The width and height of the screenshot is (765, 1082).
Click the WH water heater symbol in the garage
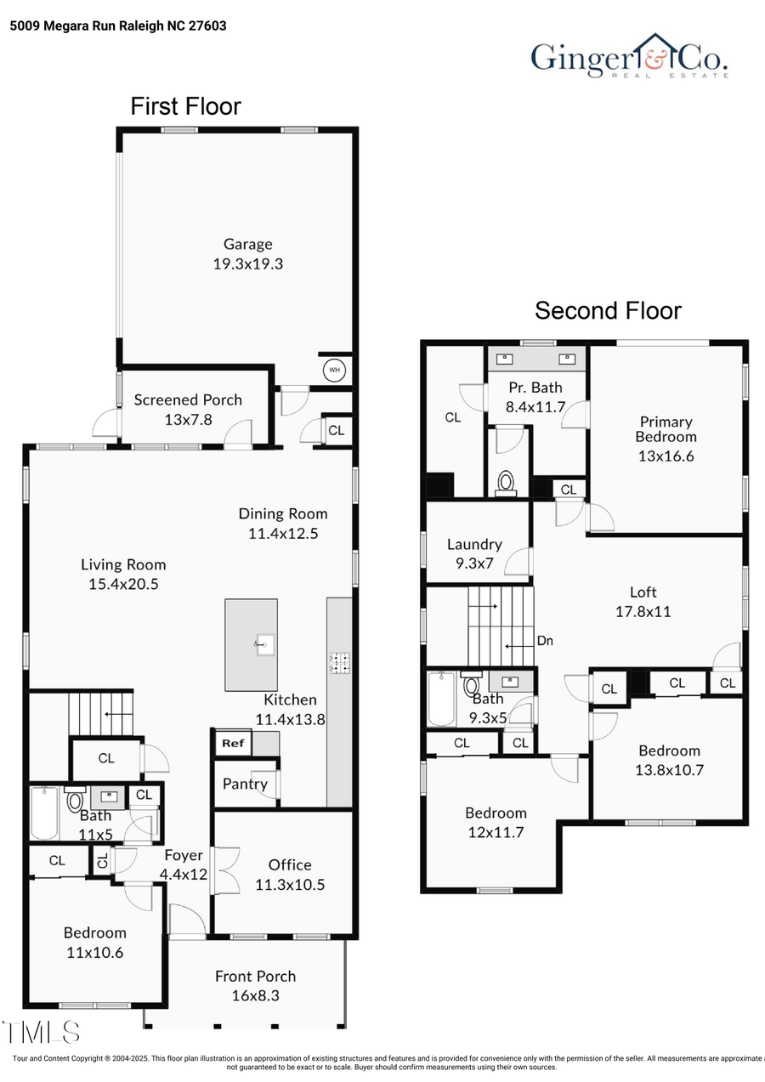point(334,371)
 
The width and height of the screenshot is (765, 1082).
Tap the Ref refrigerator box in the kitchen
point(233,743)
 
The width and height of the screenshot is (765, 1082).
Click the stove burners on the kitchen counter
point(341,663)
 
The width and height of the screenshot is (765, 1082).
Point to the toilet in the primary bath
point(507,483)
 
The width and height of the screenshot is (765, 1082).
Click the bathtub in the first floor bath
point(44,813)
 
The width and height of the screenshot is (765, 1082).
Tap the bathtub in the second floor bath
point(441,700)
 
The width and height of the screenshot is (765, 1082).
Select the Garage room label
point(247,244)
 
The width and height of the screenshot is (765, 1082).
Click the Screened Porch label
point(188,399)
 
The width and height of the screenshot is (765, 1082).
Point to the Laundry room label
point(474,544)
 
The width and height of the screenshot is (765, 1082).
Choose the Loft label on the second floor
point(643,592)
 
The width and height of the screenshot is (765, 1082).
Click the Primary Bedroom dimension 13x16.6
point(666,456)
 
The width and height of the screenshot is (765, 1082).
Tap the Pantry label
point(245,784)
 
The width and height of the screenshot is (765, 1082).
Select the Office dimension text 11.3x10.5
point(290,884)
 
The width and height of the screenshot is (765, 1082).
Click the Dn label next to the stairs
point(545,640)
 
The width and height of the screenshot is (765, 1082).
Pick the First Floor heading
point(185,106)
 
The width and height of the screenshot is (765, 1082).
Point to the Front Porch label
point(255,976)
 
